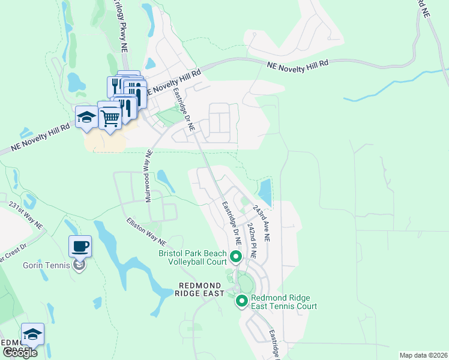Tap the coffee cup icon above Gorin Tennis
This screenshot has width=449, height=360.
point(80,246)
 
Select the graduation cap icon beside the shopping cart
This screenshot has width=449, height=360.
point(86,116)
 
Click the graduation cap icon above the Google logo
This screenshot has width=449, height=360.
point(32,334)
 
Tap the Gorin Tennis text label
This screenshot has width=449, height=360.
point(46,265)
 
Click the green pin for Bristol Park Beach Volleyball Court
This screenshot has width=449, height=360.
point(235,257)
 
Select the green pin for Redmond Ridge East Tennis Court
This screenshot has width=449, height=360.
point(241,301)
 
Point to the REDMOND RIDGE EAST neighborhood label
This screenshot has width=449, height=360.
point(199,288)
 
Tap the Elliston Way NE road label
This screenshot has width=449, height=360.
point(146,231)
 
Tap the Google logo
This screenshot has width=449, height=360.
point(20,353)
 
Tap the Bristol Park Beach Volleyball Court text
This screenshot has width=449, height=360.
point(192,257)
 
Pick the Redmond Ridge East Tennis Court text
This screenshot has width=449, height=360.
point(284,302)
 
